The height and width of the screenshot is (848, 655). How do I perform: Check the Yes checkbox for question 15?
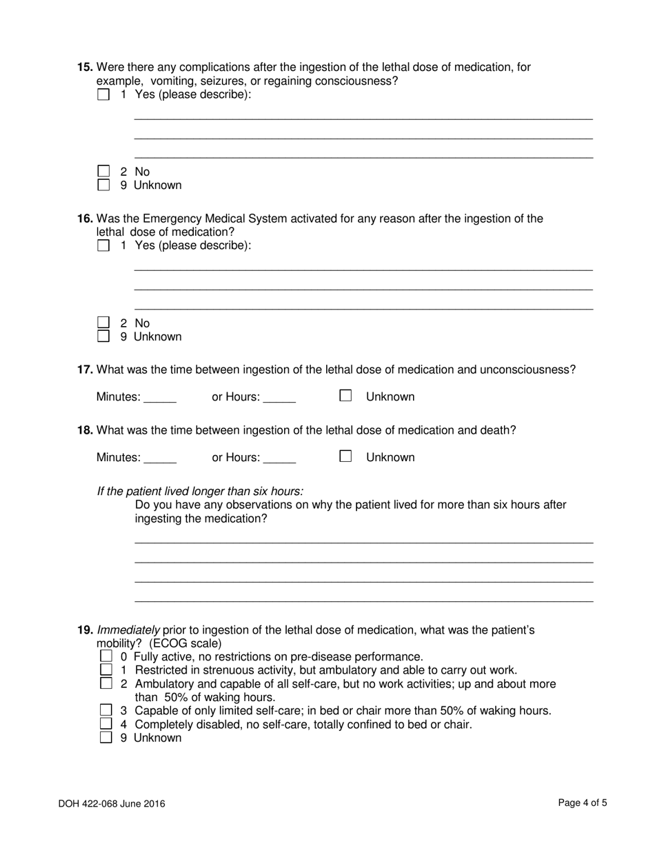[x=103, y=94]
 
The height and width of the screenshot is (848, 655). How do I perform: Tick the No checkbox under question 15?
[x=103, y=171]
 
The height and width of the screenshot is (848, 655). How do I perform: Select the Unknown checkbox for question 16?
[x=103, y=336]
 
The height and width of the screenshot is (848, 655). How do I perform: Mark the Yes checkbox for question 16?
[x=103, y=245]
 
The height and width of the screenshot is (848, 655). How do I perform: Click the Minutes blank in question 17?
[x=159, y=397]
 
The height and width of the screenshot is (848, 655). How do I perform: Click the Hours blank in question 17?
[x=279, y=397]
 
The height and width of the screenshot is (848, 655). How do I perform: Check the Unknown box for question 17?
[x=345, y=396]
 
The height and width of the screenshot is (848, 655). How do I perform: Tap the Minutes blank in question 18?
[x=159, y=458]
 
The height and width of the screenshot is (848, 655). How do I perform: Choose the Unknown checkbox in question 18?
[x=345, y=456]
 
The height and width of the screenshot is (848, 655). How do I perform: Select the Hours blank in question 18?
[x=279, y=458]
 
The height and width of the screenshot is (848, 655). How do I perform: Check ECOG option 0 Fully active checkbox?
[x=106, y=656]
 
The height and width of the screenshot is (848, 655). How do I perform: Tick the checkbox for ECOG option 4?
[x=106, y=724]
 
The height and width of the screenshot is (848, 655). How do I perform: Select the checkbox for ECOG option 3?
[x=106, y=710]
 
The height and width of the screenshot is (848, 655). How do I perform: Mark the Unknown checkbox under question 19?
[x=106, y=737]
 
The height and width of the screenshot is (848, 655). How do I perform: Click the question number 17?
[x=85, y=370]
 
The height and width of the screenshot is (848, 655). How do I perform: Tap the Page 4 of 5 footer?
[x=582, y=802]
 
